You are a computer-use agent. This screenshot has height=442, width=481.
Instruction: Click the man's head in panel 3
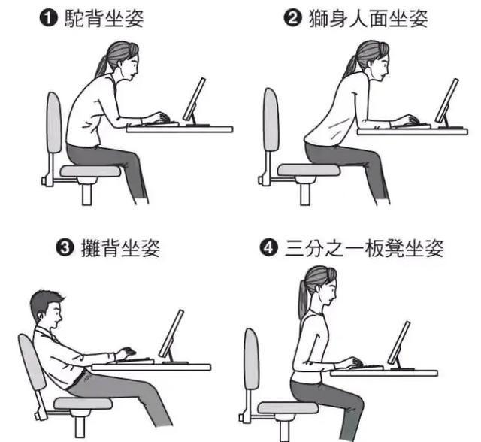(46, 309)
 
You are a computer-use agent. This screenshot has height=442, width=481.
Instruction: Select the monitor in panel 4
(399, 342)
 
